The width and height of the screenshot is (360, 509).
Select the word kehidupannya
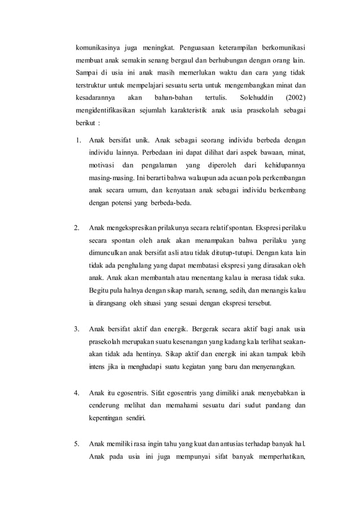[x=284, y=165]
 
